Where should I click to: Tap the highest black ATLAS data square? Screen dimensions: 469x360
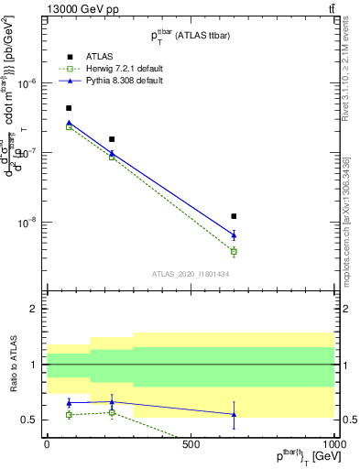(x=69, y=108)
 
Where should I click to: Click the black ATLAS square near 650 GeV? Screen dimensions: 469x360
(x=234, y=216)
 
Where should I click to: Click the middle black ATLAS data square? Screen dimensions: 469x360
(x=112, y=139)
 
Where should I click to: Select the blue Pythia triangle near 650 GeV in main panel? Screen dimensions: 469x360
(x=234, y=235)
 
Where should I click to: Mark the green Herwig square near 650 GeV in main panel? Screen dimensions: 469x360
(x=234, y=251)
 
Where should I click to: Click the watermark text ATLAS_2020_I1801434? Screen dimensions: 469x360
(x=190, y=274)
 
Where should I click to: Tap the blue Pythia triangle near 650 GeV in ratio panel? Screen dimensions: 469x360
(x=234, y=414)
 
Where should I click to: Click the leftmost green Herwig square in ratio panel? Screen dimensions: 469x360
(x=69, y=414)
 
